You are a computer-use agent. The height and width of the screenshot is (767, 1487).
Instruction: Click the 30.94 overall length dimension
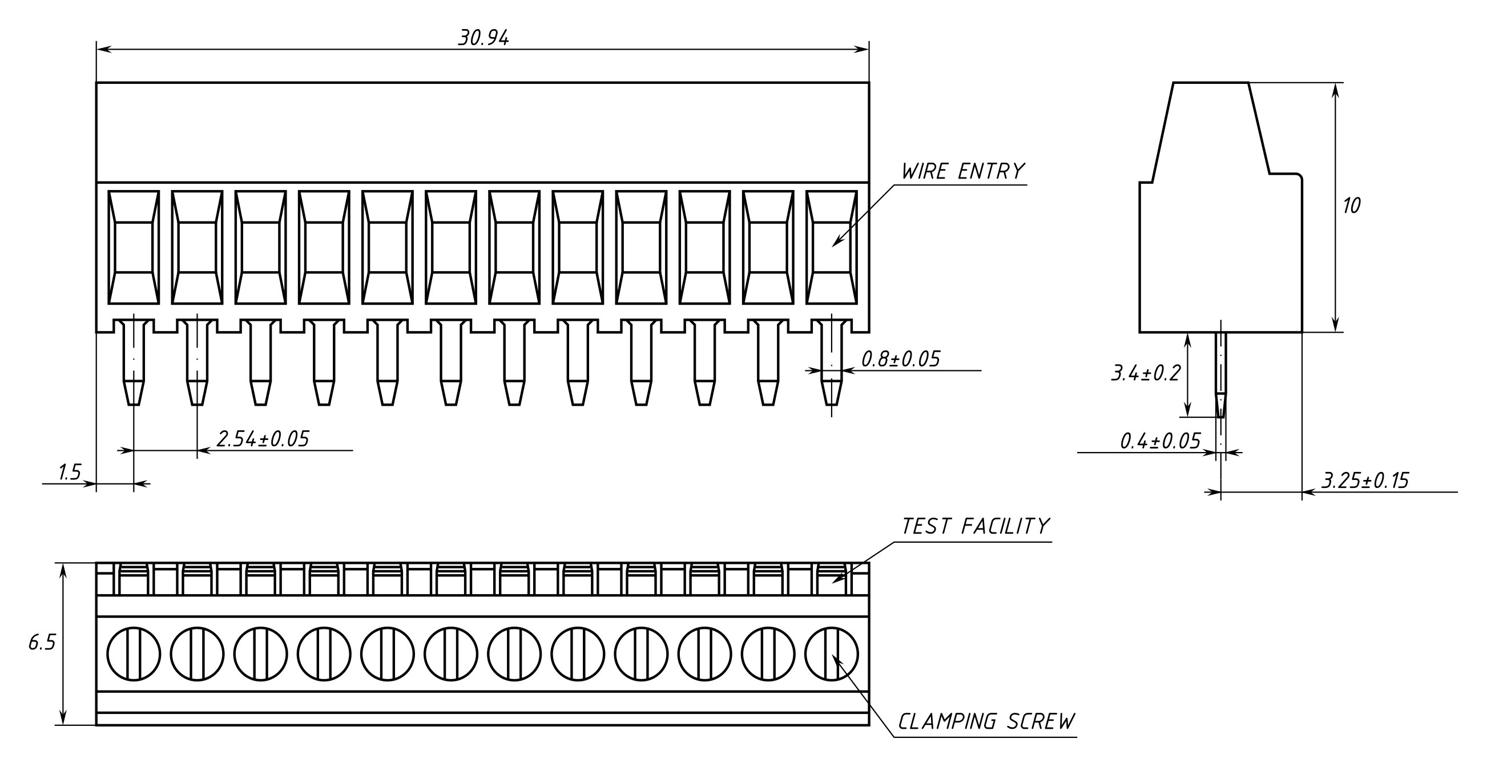point(483,38)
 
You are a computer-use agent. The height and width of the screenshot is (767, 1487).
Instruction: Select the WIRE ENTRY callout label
point(962,171)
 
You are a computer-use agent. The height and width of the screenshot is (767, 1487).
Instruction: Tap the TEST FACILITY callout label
point(975,526)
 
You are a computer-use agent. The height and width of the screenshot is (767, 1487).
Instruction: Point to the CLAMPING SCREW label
point(986,722)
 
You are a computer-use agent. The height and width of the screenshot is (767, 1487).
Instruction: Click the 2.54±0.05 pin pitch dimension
point(263,439)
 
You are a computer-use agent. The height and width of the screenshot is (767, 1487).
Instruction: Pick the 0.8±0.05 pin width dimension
point(901,360)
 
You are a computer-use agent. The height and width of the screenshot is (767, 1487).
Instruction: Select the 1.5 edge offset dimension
point(70,473)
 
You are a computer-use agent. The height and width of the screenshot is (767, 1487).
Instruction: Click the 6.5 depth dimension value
point(42,643)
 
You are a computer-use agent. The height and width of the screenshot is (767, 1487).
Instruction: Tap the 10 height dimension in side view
point(1351,206)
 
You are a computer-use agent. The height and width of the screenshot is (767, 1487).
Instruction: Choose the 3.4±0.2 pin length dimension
point(1146,373)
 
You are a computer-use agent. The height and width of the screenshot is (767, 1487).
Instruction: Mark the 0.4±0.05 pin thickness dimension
point(1160,442)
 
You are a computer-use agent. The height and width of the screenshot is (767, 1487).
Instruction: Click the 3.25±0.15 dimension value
point(1365,481)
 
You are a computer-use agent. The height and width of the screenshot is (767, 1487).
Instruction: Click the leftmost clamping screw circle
point(134,654)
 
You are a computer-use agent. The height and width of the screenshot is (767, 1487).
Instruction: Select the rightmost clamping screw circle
point(831,654)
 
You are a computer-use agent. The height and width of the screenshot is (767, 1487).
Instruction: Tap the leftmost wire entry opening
point(134,247)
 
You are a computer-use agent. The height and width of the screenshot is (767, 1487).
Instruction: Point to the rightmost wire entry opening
point(831,247)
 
